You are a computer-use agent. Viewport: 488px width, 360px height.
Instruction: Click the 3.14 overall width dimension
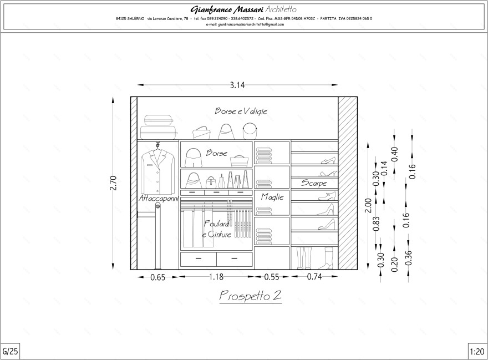tap(237, 85)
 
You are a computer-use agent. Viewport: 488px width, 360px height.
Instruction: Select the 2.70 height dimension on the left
tap(113, 182)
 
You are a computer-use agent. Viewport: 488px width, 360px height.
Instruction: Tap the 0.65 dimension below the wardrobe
tap(158, 278)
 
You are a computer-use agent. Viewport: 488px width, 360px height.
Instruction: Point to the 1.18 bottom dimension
tap(217, 277)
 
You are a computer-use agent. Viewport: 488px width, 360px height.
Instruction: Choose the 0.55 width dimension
tap(272, 277)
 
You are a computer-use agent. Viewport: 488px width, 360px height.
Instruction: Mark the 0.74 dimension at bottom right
tap(314, 277)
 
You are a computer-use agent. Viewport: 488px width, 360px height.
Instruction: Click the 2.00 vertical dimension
tap(368, 205)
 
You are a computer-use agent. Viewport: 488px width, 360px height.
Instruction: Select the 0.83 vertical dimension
tap(377, 224)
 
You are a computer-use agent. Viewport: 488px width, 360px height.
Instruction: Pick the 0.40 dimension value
tap(395, 154)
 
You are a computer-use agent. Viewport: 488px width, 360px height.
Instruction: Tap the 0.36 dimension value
tap(409, 258)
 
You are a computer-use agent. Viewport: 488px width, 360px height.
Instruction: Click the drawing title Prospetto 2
tap(251, 296)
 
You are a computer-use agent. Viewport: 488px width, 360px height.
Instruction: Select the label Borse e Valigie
tap(241, 111)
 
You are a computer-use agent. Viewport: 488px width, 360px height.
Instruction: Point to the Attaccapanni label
tap(159, 198)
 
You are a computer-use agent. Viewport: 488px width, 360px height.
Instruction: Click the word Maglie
tap(272, 197)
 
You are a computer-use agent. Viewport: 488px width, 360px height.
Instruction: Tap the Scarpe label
tap(314, 183)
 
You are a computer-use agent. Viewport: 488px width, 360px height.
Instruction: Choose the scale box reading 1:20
tap(477, 351)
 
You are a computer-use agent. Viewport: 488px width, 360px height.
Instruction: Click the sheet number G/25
tap(11, 351)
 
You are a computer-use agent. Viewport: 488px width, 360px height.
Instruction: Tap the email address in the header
tap(245, 24)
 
